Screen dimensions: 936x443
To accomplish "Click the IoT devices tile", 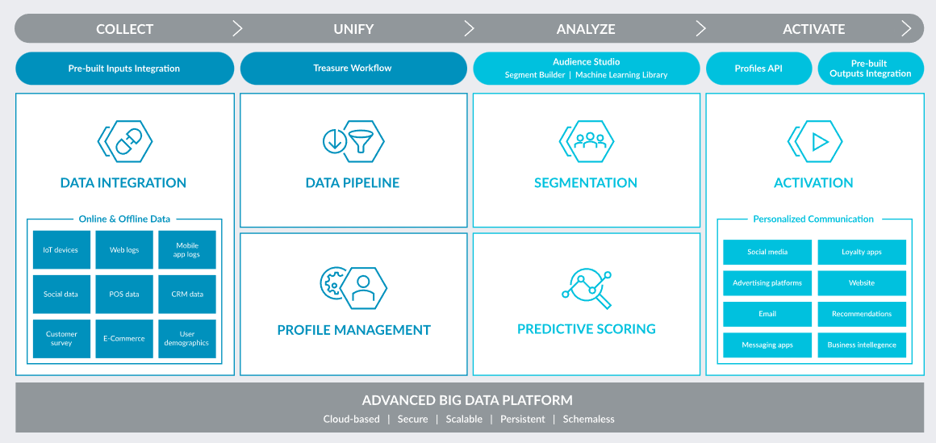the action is pos(61,249).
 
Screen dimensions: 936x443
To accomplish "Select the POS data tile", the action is pos(124,294).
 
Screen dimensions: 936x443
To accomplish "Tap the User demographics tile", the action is pos(187,339).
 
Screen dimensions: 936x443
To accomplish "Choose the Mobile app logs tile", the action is pos(187,249).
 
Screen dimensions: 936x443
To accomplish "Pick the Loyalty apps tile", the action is pos(862,252).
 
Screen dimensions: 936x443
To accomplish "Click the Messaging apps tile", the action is pos(767,345).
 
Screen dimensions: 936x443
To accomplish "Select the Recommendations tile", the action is pos(862,314).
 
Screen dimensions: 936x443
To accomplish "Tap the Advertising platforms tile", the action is pos(767,283).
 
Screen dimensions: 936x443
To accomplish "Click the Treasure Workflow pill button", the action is pos(353,68).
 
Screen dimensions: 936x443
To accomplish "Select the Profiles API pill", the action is pos(758,68).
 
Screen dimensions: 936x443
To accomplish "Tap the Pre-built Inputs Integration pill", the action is pos(125,68).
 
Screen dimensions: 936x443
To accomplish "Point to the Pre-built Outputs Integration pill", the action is pos(871,68).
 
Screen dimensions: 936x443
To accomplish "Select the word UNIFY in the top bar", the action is pos(353,29).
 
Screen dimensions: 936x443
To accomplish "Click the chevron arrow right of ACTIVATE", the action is pos(907,29).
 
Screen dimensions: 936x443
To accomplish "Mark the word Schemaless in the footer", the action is pos(588,419).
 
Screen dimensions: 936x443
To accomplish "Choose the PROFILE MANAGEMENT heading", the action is pos(353,330).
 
